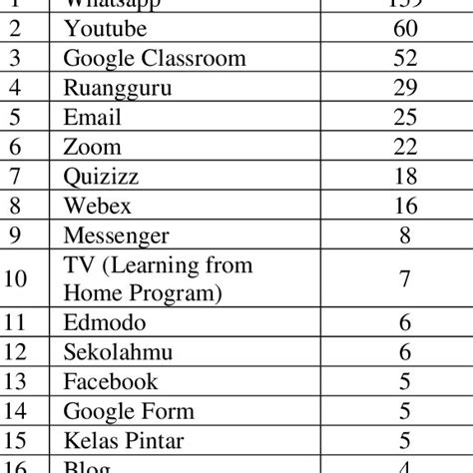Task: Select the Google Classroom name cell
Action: tap(154, 59)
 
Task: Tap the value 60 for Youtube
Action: tap(405, 30)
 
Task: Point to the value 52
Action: tap(405, 59)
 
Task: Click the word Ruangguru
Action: tap(117, 89)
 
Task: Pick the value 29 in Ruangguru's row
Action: tap(405, 89)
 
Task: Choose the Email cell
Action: tap(92, 118)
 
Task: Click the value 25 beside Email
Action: tap(405, 118)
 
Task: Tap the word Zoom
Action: tap(92, 148)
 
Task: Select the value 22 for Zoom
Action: tap(405, 148)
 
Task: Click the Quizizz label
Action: tap(102, 177)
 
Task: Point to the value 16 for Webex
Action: tap(405, 207)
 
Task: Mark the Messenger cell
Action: tap(116, 236)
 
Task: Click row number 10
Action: tap(16, 278)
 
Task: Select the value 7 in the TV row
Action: tap(405, 278)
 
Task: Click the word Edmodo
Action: tap(105, 322)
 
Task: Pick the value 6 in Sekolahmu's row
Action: tap(405, 351)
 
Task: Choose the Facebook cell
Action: tap(110, 381)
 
